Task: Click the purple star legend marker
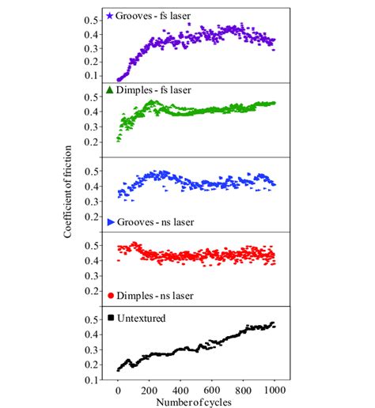[x=109, y=16]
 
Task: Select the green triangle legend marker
[x=110, y=90]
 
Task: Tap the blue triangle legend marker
[x=110, y=222]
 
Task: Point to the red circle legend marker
[x=110, y=296]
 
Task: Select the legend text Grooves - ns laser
[x=157, y=222]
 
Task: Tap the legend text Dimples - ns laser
[x=157, y=296]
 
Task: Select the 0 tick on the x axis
[x=118, y=389]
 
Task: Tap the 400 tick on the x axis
[x=181, y=389]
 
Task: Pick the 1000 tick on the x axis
[x=275, y=389]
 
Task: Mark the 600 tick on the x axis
[x=212, y=389]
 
